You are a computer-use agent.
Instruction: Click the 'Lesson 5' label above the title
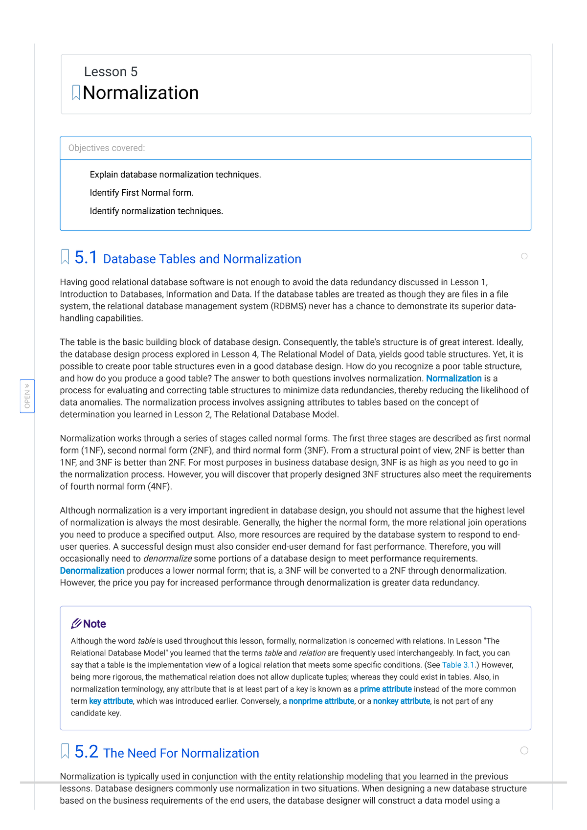point(111,72)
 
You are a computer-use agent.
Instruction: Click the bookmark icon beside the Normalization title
point(76,92)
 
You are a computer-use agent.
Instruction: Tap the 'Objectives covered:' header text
point(107,148)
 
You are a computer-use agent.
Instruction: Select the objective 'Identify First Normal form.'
point(141,193)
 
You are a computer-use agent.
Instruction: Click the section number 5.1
point(86,258)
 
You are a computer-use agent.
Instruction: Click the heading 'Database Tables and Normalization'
point(202,259)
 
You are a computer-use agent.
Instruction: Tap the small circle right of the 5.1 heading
point(524,256)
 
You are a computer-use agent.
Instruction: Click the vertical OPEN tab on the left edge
point(27,396)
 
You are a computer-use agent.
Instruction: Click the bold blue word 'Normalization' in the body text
point(453,379)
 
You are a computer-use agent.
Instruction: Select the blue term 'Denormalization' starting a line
point(92,571)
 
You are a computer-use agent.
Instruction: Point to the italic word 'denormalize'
point(167,559)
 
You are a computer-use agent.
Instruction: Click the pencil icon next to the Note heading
point(76,624)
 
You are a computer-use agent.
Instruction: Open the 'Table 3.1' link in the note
point(458,665)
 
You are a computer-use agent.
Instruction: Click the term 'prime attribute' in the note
point(385,689)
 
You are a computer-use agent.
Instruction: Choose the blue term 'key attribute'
point(111,701)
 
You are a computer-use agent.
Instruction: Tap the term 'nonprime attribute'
point(321,701)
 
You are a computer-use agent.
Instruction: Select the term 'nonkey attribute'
point(401,701)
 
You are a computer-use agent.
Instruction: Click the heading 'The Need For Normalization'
point(181,753)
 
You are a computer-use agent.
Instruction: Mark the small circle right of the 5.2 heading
point(524,750)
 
